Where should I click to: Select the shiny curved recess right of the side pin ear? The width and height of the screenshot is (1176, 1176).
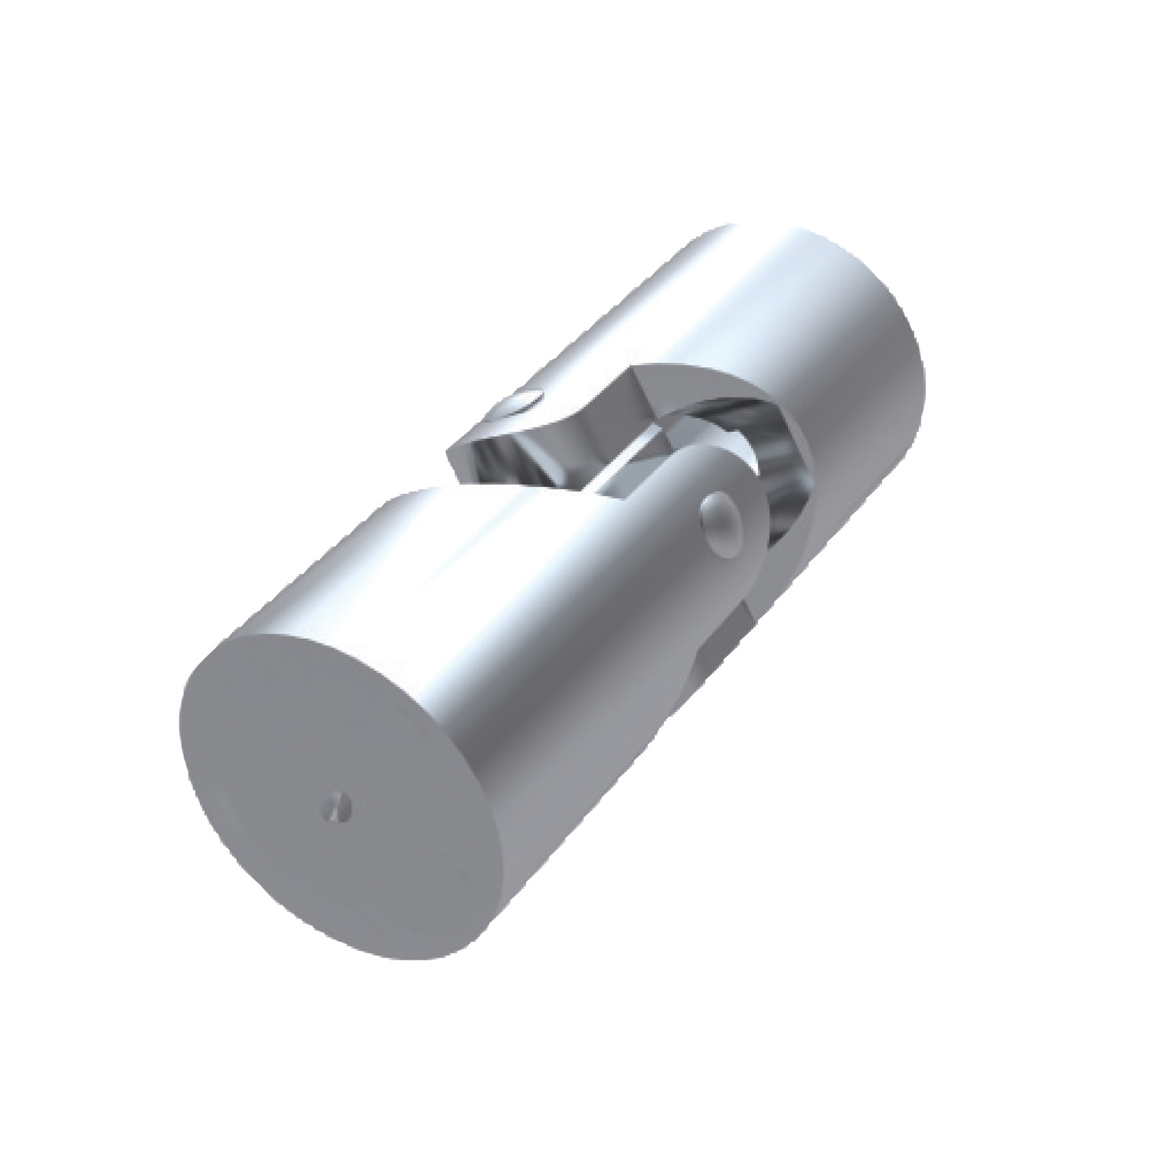click(776, 502)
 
